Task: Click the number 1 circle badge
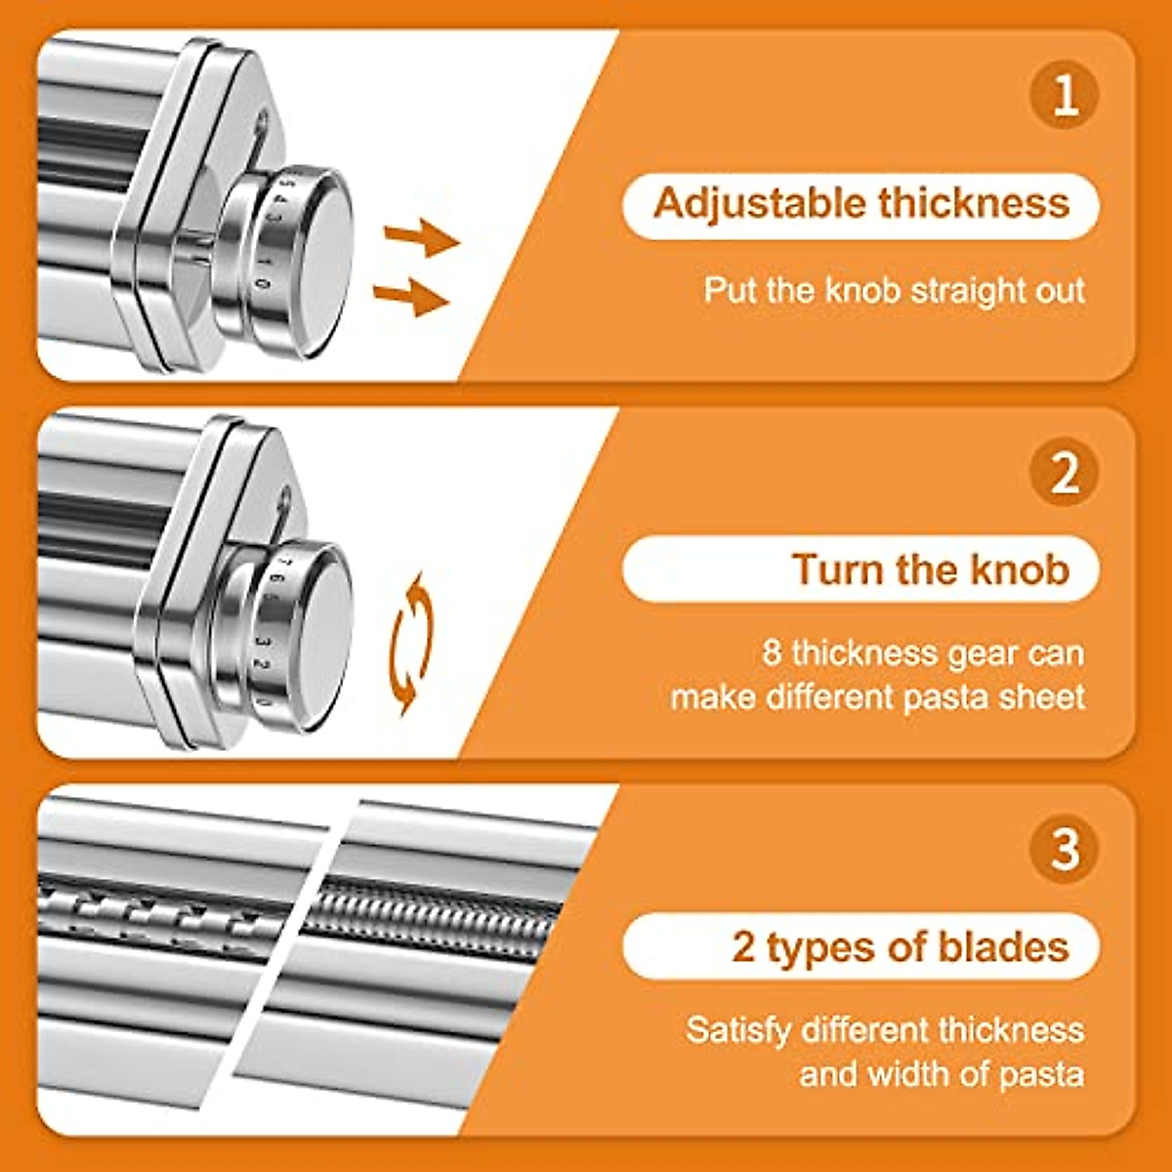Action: click(1065, 95)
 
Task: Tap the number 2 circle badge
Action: click(1065, 473)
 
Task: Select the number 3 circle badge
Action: click(1065, 848)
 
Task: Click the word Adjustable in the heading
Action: click(759, 204)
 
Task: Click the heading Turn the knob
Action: click(930, 569)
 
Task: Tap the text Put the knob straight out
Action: click(894, 290)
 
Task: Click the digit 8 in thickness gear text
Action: click(772, 652)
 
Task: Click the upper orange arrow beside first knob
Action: click(420, 236)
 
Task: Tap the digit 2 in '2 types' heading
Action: click(743, 947)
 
